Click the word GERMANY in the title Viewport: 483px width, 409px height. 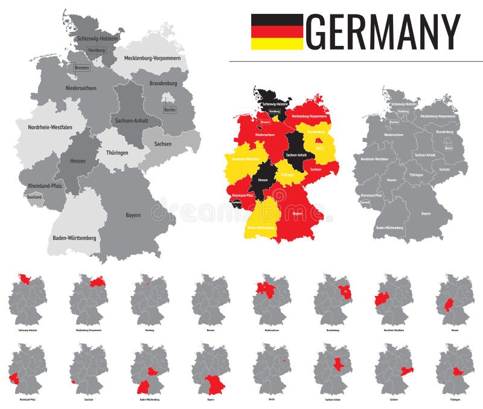(x=383, y=32)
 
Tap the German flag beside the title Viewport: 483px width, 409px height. (x=277, y=31)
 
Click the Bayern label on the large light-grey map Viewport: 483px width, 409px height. (x=133, y=215)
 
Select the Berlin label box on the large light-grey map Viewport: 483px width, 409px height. (x=170, y=109)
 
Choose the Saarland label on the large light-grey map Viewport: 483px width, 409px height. (x=34, y=196)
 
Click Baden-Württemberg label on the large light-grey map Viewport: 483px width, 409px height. (x=74, y=238)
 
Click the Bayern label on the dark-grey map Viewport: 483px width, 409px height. (x=426, y=213)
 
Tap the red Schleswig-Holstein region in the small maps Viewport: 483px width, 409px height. (x=25, y=279)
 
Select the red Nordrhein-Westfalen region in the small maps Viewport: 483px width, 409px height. (x=382, y=299)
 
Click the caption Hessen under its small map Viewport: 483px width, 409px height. (x=455, y=330)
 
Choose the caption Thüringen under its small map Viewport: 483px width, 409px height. (x=455, y=399)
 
